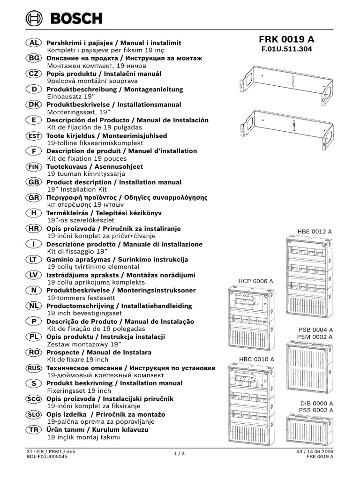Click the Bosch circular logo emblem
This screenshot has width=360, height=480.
coord(34,19)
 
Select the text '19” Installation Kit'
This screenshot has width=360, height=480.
coord(77,189)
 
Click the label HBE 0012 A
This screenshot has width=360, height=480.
coord(315,232)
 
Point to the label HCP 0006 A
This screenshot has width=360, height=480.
coord(255,281)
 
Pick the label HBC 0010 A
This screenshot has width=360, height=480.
coord(256,359)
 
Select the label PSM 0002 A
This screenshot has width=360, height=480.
coord(315,337)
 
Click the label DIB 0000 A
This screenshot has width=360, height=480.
coord(316,403)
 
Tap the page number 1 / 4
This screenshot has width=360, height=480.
coord(180,454)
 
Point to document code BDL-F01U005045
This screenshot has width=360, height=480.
coord(47,457)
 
